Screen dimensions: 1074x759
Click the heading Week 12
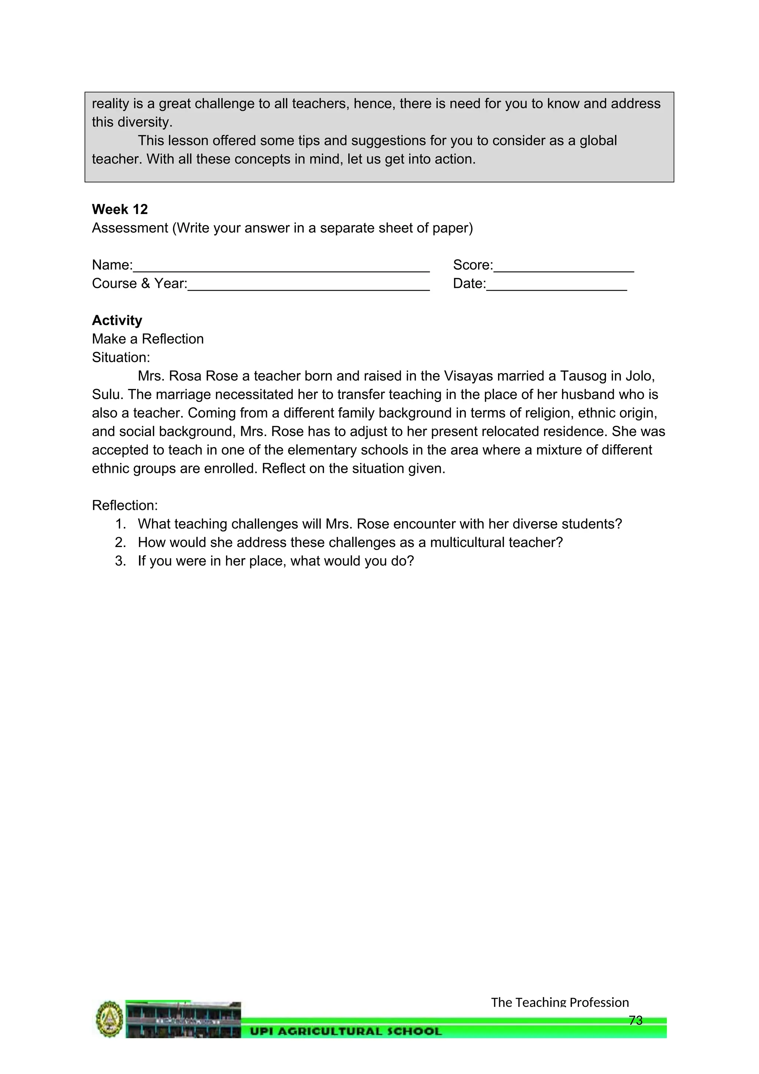[120, 209]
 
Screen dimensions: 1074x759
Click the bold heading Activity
[117, 320]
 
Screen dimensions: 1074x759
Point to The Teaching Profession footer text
[560, 1002]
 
